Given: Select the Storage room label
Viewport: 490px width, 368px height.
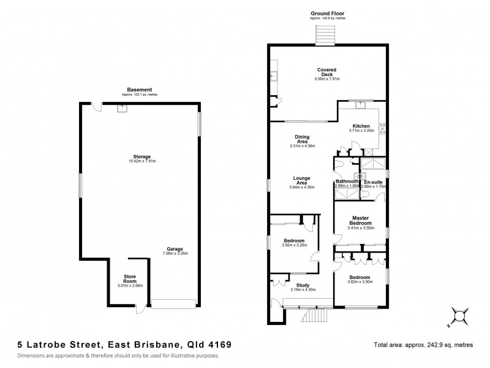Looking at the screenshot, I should [x=143, y=156].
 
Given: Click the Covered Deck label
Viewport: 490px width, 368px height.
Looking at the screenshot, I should [x=327, y=71].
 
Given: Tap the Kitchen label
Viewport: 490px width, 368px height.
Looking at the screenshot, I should [x=361, y=126].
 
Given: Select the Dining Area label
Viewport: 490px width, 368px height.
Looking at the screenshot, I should [x=302, y=140].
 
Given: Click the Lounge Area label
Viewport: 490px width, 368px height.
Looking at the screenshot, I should [x=302, y=180].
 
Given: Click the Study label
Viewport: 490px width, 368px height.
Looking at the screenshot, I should [x=302, y=285].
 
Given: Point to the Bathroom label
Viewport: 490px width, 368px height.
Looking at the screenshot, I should [x=347, y=182].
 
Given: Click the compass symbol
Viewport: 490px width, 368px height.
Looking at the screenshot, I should [x=458, y=316].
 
